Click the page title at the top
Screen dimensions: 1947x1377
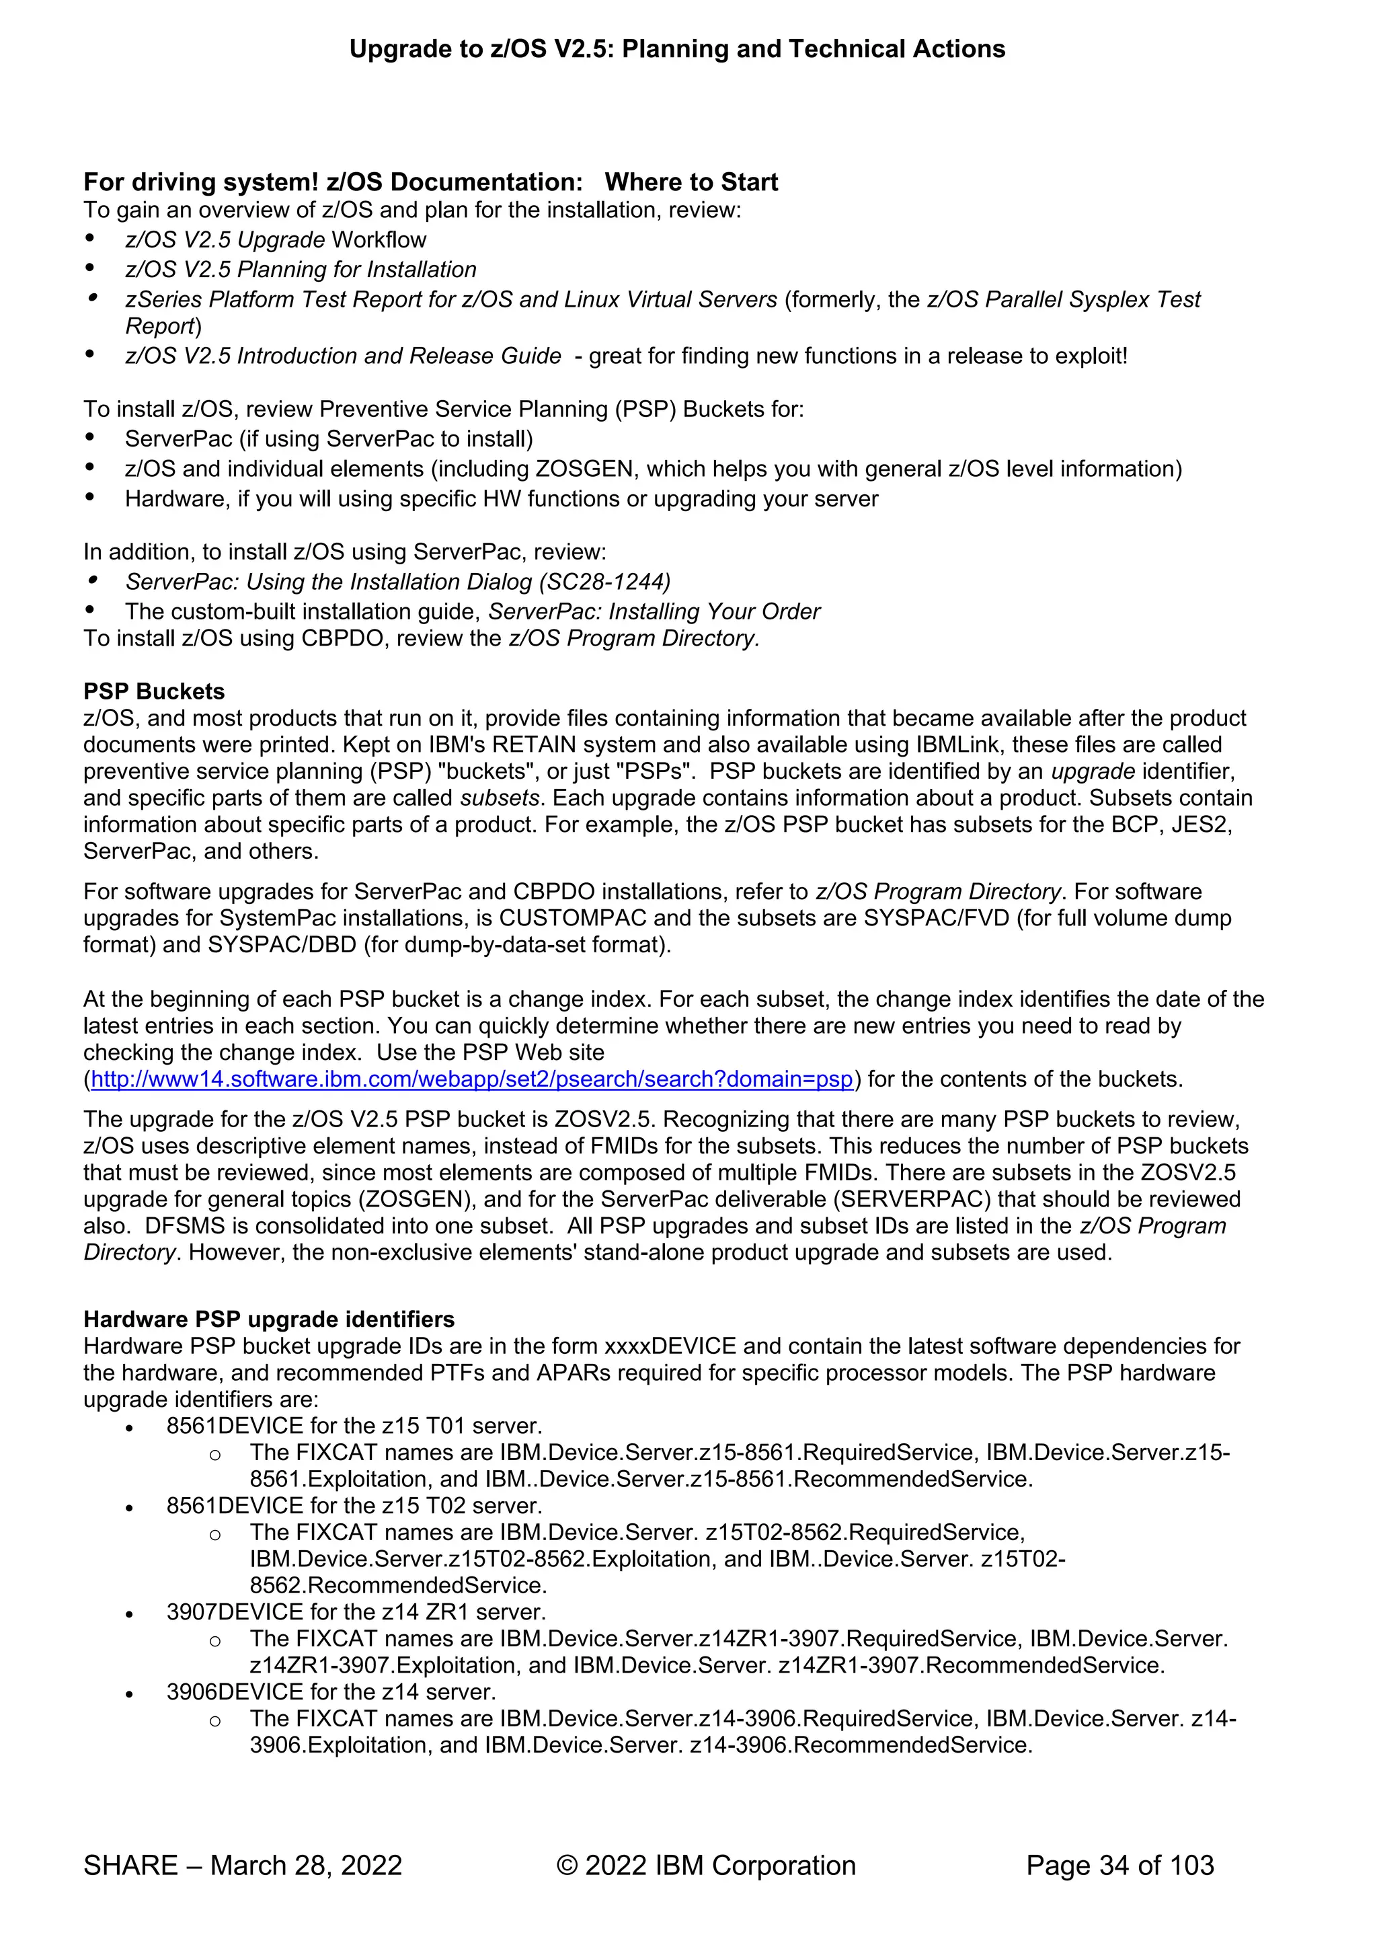676,49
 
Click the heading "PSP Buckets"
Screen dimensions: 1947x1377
153,691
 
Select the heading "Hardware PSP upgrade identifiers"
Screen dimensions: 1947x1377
269,1320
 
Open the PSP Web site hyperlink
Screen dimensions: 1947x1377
471,1079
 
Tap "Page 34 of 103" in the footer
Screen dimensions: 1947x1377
1119,1866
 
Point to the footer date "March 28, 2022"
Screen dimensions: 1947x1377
305,1866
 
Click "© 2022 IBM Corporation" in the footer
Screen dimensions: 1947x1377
705,1866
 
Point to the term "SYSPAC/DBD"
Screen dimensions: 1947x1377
282,945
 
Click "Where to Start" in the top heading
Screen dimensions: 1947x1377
691,182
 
